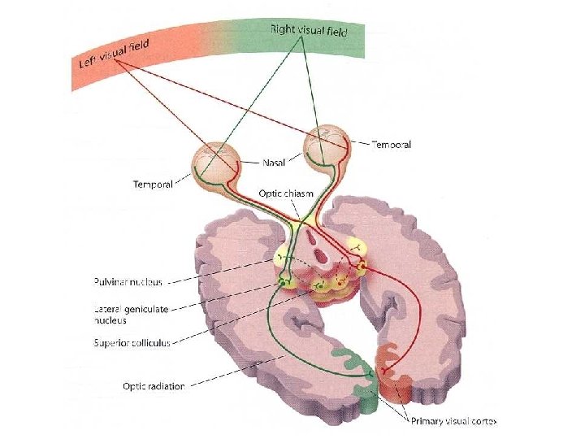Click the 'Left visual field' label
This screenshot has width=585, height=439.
coord(113,54)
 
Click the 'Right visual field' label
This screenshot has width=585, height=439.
coord(309,31)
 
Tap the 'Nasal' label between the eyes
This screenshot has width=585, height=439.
coord(274,163)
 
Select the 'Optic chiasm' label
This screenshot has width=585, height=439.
coord(286,193)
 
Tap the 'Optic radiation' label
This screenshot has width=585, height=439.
coord(154,385)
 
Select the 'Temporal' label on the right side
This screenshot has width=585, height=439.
coord(391,145)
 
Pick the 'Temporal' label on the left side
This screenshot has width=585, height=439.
coord(153,185)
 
